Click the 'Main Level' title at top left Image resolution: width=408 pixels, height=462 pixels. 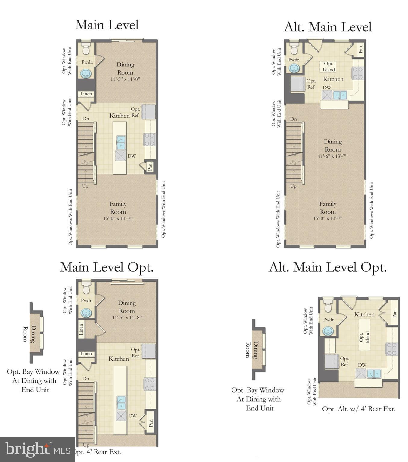tap(107, 25)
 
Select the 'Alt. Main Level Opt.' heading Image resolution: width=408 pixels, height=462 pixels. tap(327, 267)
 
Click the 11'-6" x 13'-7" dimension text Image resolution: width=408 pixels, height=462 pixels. tap(333, 156)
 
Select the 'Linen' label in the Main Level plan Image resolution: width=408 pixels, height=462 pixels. tap(86, 94)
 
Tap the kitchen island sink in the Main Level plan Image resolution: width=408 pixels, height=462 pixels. tap(121, 142)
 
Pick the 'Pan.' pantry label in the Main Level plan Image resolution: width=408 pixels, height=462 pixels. tap(150, 166)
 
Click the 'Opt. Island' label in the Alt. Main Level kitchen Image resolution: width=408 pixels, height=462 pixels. tap(329, 67)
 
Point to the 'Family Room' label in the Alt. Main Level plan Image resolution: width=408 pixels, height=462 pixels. tap(328, 208)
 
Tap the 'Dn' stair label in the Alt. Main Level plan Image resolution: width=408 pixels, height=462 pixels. tap(294, 119)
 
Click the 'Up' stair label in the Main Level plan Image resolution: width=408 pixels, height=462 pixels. tap(85, 186)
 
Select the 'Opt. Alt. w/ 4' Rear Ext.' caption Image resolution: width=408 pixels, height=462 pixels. tap(359, 409)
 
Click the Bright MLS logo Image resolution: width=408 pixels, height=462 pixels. tap(37, 450)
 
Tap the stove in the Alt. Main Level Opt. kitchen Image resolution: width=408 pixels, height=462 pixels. tap(392, 349)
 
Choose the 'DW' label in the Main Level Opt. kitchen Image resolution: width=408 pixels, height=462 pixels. tap(133, 416)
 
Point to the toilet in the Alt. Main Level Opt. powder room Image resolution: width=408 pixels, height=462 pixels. tap(328, 306)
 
